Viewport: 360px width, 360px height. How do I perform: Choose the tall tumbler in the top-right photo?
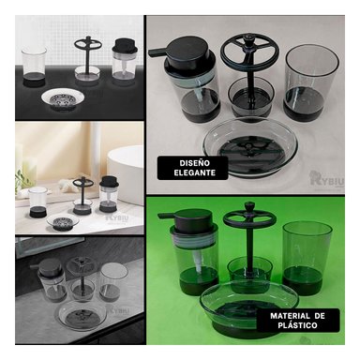(x=310, y=80)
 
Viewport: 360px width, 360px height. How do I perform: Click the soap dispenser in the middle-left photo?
(x=109, y=193)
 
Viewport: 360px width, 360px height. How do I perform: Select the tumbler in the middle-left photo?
(x=38, y=202)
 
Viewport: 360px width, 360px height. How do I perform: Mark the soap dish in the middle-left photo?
(x=65, y=223)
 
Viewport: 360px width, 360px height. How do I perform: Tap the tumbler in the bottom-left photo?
(x=113, y=285)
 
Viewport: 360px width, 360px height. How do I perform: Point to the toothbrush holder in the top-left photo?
(x=87, y=61)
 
